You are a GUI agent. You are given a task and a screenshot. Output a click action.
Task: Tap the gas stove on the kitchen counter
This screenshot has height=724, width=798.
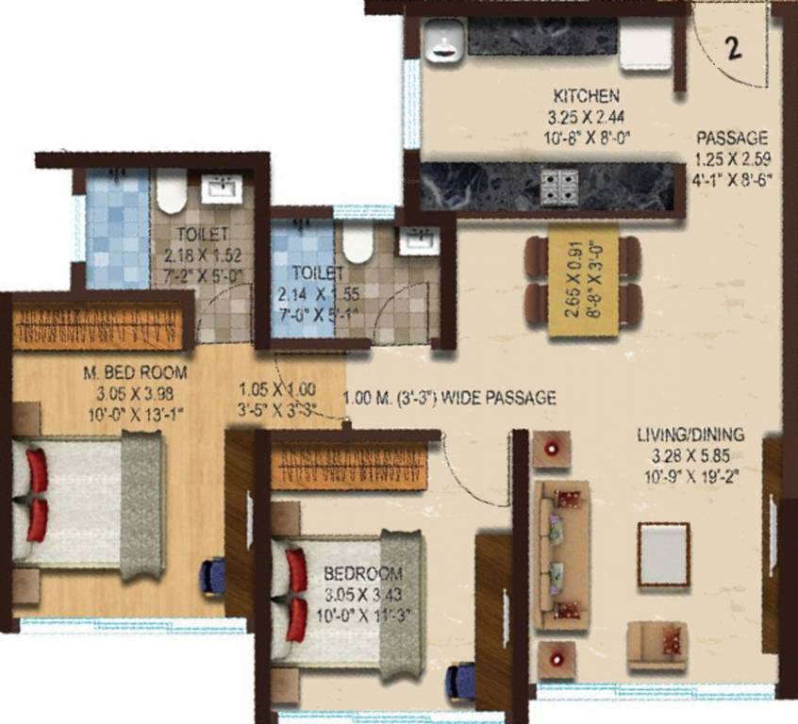(x=558, y=186)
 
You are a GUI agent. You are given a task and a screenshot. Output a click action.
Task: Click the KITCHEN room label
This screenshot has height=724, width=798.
(x=586, y=96)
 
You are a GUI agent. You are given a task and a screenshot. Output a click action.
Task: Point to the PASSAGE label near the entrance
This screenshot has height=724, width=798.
(x=732, y=137)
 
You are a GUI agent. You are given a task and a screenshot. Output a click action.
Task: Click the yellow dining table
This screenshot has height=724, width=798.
(x=583, y=280)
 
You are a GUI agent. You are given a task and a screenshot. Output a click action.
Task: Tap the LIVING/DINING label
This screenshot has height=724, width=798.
(x=690, y=435)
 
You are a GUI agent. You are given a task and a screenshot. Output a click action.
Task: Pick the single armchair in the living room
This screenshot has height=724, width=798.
(x=657, y=645)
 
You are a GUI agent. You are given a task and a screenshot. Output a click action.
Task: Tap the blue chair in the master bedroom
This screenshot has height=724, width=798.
(x=212, y=575)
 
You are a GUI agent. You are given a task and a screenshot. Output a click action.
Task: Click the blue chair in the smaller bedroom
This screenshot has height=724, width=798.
(x=459, y=679)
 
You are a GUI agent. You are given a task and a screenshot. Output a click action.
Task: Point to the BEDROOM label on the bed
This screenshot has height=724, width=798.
(x=362, y=573)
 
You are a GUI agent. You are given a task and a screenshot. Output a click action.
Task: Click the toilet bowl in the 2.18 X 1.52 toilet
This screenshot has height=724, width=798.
(x=171, y=191)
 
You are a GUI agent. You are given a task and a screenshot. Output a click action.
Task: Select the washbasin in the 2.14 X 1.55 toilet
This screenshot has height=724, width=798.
(x=415, y=239)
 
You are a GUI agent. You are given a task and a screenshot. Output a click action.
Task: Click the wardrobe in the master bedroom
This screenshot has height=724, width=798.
(x=99, y=324)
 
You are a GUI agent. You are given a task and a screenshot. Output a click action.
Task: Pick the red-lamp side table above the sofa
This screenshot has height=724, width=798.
(x=552, y=449)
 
